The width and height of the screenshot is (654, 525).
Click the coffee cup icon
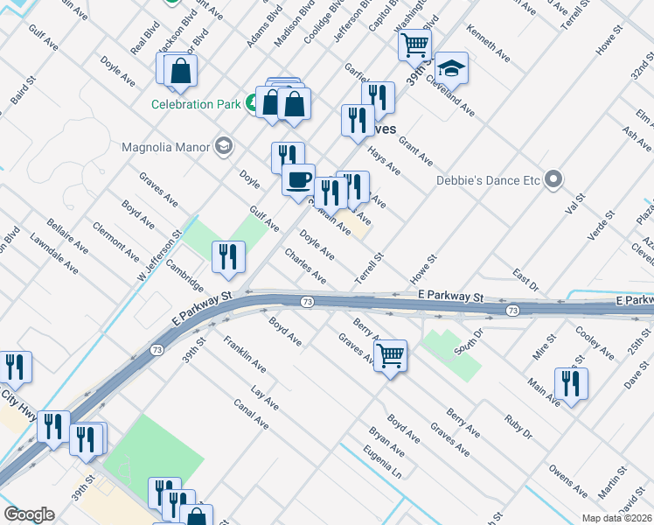click(x=298, y=180)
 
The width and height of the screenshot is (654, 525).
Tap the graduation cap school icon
click(x=451, y=68)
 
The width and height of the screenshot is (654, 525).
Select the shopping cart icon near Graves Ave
click(x=389, y=355)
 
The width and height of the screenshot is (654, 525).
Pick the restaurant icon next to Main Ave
click(x=570, y=383)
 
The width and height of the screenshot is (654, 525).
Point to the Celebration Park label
click(x=195, y=104)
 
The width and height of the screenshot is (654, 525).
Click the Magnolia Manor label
click(x=166, y=146)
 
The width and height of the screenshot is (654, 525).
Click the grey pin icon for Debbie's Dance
click(x=553, y=180)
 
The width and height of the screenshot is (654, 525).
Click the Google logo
click(x=29, y=514)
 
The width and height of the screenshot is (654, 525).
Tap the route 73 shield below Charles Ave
click(x=307, y=302)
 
